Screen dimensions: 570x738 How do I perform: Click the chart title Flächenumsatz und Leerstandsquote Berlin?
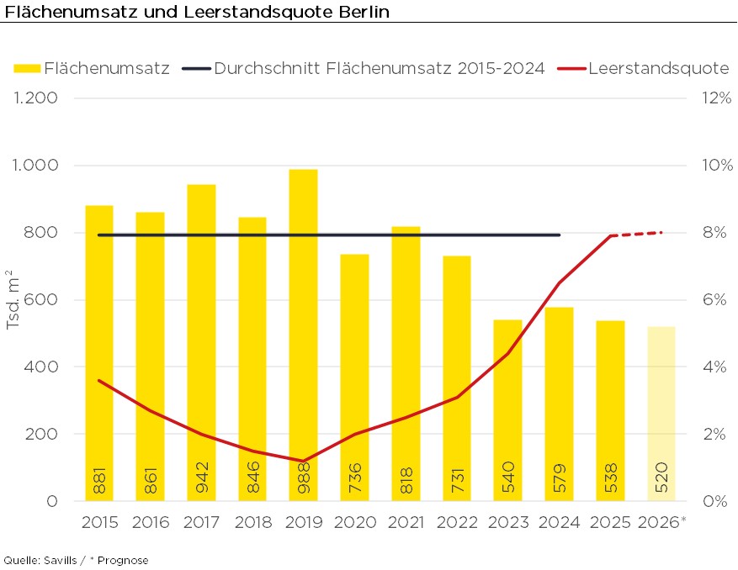tap(197, 13)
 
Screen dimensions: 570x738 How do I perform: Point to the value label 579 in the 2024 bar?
tap(559, 478)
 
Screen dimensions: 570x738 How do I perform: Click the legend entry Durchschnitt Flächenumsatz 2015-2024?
tap(380, 68)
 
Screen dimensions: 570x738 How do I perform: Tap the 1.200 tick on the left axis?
tap(35, 98)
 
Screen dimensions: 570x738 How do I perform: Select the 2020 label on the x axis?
tap(354, 522)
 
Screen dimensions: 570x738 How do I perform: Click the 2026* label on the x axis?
tap(663, 522)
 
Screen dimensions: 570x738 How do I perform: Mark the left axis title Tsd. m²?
tap(13, 300)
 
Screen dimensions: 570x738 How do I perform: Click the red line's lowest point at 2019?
tap(303, 461)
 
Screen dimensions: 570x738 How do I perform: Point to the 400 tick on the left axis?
tap(40, 367)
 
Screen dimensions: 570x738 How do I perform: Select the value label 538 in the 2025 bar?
tap(610, 478)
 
